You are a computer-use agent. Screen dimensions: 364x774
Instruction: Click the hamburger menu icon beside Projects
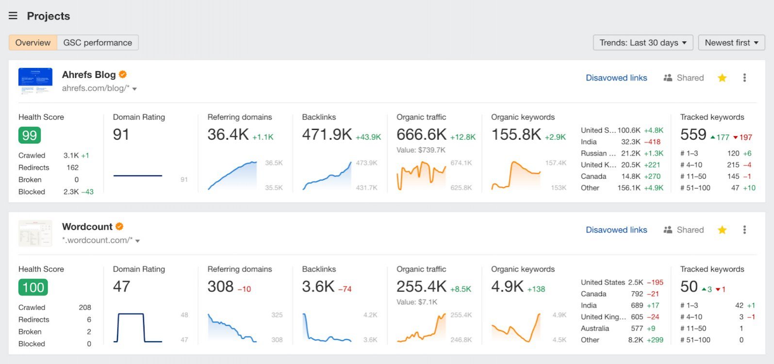[x=13, y=16]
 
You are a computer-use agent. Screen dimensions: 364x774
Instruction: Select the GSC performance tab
[x=98, y=43]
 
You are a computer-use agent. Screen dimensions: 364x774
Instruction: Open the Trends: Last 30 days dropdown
[x=642, y=43]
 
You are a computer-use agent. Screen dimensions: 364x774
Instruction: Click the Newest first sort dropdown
[x=731, y=43]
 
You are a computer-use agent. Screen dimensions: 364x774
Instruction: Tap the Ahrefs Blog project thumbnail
[x=35, y=80]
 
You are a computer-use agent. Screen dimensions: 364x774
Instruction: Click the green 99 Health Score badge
[x=30, y=135]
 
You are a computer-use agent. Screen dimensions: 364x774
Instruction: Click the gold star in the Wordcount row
[x=722, y=230]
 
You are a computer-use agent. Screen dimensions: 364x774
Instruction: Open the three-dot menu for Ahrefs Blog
[x=744, y=78]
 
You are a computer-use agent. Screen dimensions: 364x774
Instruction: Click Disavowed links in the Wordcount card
[x=616, y=230]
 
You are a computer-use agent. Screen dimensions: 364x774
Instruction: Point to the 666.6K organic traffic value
[x=421, y=135]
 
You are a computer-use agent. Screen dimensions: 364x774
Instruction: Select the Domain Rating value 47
[x=121, y=286]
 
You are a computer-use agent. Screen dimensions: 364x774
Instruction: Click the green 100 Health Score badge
[x=33, y=287]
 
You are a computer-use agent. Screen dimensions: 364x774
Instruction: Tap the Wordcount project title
[x=87, y=226]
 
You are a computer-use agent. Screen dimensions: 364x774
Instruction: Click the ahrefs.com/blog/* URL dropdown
[x=99, y=88]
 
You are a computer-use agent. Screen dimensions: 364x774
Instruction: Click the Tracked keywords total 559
[x=693, y=135]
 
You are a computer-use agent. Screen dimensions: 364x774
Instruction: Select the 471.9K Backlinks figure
[x=327, y=135]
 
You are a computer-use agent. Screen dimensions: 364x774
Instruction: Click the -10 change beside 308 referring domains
[x=244, y=289]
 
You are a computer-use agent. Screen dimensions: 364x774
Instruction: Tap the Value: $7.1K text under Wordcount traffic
[x=416, y=302]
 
